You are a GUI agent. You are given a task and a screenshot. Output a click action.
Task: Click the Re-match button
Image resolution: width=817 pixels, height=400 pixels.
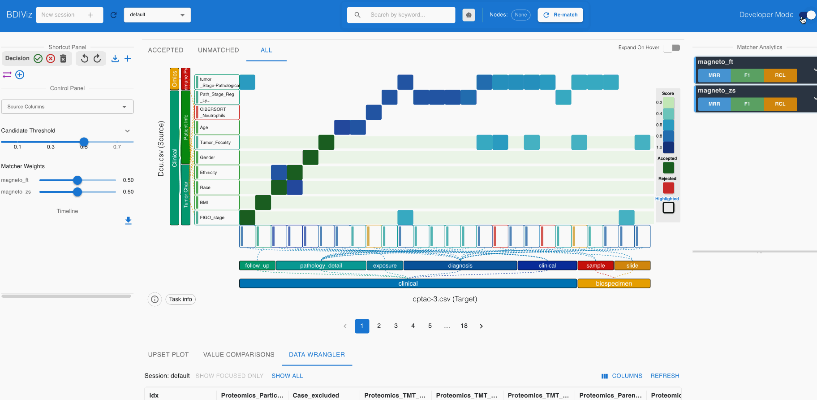(x=560, y=15)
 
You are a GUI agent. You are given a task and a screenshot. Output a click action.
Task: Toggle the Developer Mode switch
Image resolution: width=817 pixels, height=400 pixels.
(x=807, y=15)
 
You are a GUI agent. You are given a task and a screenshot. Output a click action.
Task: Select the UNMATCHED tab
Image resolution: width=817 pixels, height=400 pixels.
(x=218, y=50)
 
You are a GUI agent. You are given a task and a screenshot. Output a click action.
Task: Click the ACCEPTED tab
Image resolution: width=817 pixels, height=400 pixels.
(x=166, y=50)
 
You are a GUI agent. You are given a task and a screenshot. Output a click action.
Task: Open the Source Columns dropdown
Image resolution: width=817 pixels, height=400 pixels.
(x=67, y=107)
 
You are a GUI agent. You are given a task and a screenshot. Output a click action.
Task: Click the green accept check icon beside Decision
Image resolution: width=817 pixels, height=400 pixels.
(x=38, y=59)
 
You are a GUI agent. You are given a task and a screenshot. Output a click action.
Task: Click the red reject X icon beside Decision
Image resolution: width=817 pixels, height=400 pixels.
(x=51, y=59)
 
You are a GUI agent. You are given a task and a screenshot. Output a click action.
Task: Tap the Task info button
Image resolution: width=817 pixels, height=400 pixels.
(x=181, y=299)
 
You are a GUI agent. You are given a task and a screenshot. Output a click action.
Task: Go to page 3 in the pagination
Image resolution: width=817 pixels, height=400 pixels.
(x=396, y=326)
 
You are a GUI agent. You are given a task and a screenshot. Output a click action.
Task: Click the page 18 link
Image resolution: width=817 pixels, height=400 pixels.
(x=464, y=326)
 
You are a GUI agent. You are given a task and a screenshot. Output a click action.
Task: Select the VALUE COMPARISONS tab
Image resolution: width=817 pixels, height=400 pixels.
(x=239, y=355)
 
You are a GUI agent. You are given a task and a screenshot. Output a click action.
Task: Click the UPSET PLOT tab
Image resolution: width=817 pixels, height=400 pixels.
(x=168, y=355)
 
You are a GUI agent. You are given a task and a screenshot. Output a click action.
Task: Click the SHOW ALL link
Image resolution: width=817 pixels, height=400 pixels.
(x=287, y=376)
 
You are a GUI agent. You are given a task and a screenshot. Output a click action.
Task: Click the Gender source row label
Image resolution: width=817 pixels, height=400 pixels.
(x=217, y=157)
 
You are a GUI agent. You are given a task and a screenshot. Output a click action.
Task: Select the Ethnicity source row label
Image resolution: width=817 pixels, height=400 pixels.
(x=217, y=173)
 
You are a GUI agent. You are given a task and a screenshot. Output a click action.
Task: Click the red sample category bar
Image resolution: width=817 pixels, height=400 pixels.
(x=595, y=265)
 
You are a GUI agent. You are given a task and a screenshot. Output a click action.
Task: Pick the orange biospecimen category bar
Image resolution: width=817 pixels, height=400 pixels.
(x=614, y=283)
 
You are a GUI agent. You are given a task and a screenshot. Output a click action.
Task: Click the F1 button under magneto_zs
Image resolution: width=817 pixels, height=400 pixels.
(x=747, y=104)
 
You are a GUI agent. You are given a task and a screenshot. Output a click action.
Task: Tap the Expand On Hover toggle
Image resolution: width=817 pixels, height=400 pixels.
(x=672, y=48)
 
